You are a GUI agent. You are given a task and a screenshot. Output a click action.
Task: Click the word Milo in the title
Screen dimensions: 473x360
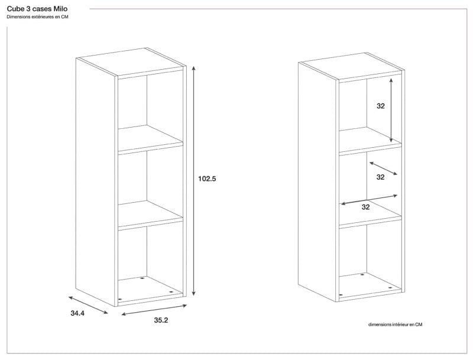(60, 9)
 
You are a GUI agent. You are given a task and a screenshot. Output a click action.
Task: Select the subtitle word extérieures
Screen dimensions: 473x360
(40, 17)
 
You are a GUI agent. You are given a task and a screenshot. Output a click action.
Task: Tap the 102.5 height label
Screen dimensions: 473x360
(207, 179)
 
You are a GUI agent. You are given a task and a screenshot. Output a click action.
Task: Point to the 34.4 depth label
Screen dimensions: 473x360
(77, 313)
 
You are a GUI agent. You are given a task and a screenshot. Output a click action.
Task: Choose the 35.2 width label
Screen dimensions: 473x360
(161, 320)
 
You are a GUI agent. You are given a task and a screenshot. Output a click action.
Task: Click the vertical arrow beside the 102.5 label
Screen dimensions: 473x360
(194, 181)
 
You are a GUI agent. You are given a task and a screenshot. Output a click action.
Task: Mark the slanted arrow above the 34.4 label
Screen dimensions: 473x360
(88, 305)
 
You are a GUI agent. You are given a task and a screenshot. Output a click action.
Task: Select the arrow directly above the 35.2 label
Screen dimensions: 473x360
(154, 310)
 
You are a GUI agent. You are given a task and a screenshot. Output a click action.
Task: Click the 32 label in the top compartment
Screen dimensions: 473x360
(381, 106)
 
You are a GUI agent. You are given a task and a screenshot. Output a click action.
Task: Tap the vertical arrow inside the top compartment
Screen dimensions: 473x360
(391, 110)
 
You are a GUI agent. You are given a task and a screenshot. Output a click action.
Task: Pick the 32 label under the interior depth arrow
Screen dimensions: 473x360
(380, 177)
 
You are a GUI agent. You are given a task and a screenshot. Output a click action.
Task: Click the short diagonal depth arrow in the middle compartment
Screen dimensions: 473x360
(383, 168)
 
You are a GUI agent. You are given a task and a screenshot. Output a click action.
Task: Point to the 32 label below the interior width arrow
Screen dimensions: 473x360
(365, 207)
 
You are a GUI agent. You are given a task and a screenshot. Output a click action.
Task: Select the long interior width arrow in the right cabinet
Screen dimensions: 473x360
(369, 200)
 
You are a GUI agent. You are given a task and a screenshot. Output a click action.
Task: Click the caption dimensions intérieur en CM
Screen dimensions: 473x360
(395, 325)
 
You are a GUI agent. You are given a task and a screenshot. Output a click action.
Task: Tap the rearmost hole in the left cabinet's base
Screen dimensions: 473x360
(142, 278)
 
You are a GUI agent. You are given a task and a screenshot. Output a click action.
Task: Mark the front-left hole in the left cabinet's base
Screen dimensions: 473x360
(120, 299)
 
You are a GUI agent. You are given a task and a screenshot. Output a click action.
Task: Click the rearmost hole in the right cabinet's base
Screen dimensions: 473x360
(362, 274)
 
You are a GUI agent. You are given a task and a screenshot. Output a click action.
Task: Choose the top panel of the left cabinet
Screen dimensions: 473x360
(131, 62)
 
